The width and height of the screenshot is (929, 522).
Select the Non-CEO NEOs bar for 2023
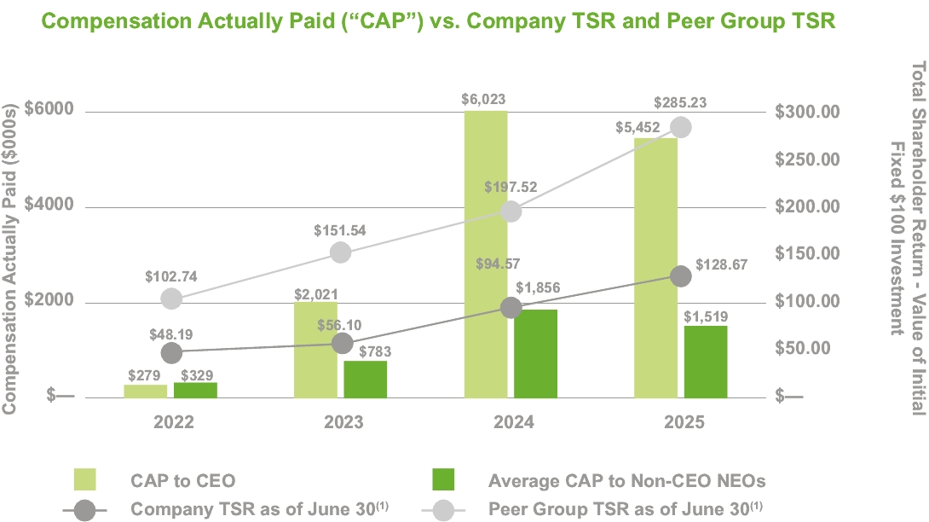tap(365, 379)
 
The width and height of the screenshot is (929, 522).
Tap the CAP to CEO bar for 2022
tap(146, 391)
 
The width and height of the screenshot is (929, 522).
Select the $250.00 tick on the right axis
tap(806, 159)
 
